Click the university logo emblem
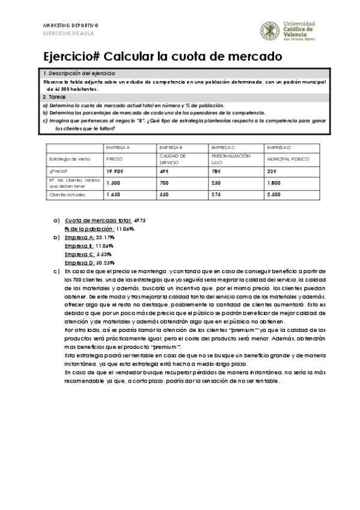coord(269,31)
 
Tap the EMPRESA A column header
coord(118,147)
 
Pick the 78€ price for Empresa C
coord(216,171)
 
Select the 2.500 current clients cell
coord(274,195)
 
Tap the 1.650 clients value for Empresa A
coord(114,195)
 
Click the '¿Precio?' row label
coord(58,171)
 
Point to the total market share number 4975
coord(139,221)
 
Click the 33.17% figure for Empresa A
coord(105,238)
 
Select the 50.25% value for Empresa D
coord(105,263)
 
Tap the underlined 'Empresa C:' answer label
coord(79,254)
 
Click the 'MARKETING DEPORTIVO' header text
coord(71,25)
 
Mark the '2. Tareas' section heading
coord(55,97)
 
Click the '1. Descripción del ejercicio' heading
coord(73,73)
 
